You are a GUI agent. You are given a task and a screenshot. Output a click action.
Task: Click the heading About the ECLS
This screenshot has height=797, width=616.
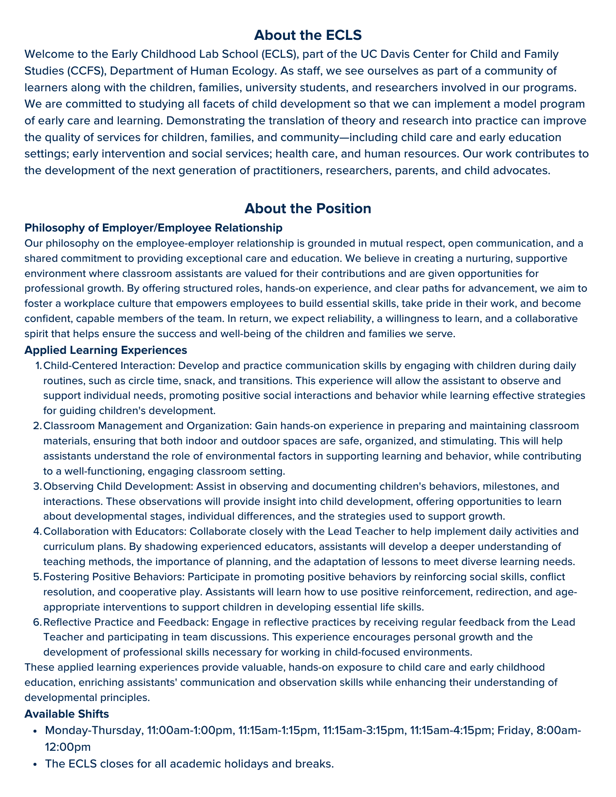click(308, 35)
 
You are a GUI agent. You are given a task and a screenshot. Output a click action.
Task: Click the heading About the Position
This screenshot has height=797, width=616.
click(308, 208)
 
